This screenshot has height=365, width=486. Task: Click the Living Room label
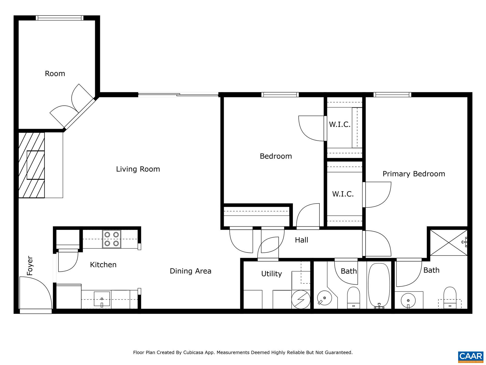tap(138, 169)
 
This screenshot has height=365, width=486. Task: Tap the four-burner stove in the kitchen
tap(112, 239)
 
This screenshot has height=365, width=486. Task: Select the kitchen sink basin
tap(102, 299)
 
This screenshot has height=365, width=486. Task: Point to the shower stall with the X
tap(448, 243)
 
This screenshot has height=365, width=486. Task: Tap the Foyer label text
tap(30, 266)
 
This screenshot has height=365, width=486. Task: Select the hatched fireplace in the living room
tap(31, 165)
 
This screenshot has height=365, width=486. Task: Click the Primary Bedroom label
tap(414, 174)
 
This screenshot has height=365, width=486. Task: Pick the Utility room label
tap(271, 274)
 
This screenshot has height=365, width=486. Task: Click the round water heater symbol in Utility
tap(301, 299)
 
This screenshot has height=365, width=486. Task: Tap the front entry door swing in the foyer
tap(35, 293)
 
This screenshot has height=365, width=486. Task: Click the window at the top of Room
tap(59, 18)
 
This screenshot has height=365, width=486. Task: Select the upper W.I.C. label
tap(340, 124)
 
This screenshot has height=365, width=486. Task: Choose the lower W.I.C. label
tap(343, 194)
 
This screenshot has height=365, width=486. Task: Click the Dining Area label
tap(190, 271)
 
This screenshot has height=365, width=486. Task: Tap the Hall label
tap(301, 240)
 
